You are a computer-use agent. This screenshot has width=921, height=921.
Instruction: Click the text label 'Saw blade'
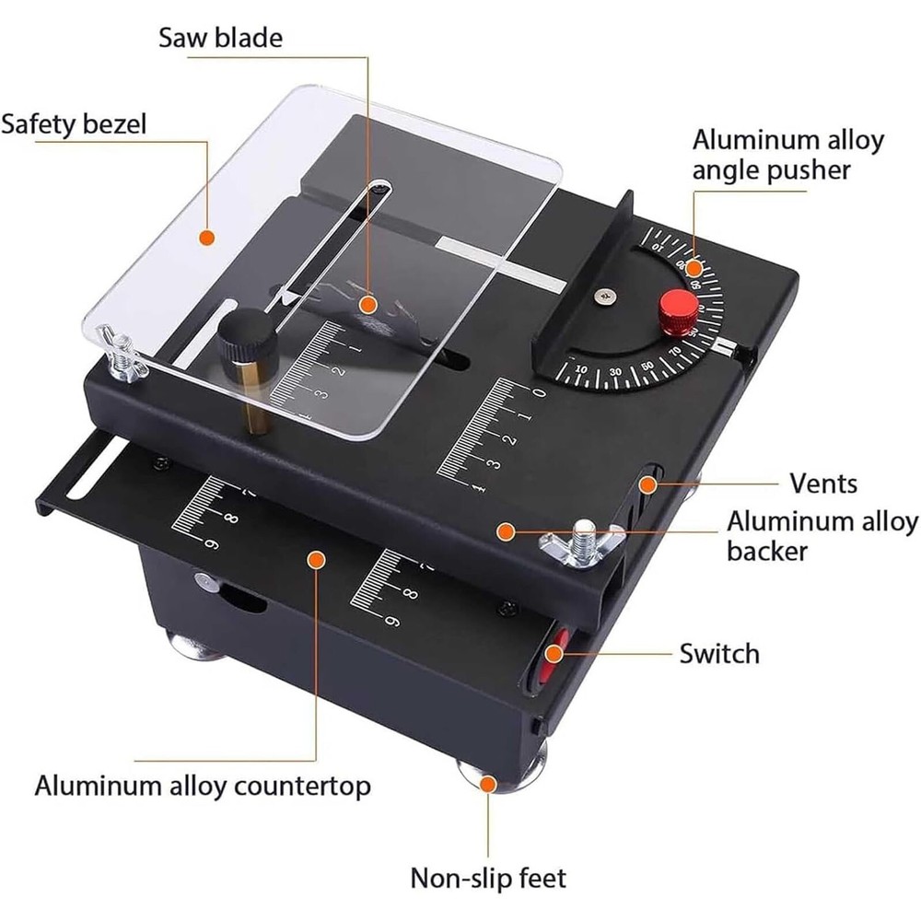pyautogui.click(x=221, y=38)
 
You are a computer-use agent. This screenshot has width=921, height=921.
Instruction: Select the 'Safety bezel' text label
pyautogui.click(x=74, y=124)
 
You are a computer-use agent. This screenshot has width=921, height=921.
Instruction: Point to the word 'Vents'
pyautogui.click(x=822, y=483)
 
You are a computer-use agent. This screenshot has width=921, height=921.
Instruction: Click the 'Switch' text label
pyautogui.click(x=719, y=654)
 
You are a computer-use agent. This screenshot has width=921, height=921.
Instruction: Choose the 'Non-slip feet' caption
pyautogui.click(x=488, y=877)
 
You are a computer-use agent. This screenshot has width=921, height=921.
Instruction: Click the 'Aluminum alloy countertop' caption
pyautogui.click(x=203, y=787)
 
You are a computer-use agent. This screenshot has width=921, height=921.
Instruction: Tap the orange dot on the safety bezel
pyautogui.click(x=208, y=237)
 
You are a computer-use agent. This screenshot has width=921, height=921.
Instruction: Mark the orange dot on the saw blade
pyautogui.click(x=368, y=302)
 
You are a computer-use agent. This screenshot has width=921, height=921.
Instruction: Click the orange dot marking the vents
pyautogui.click(x=649, y=483)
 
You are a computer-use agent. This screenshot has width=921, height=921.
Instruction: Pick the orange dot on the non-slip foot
pyautogui.click(x=488, y=783)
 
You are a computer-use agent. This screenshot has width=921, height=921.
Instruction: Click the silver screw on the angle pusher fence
pyautogui.click(x=604, y=296)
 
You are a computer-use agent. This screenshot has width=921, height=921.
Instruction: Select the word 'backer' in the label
pyautogui.click(x=767, y=551)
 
